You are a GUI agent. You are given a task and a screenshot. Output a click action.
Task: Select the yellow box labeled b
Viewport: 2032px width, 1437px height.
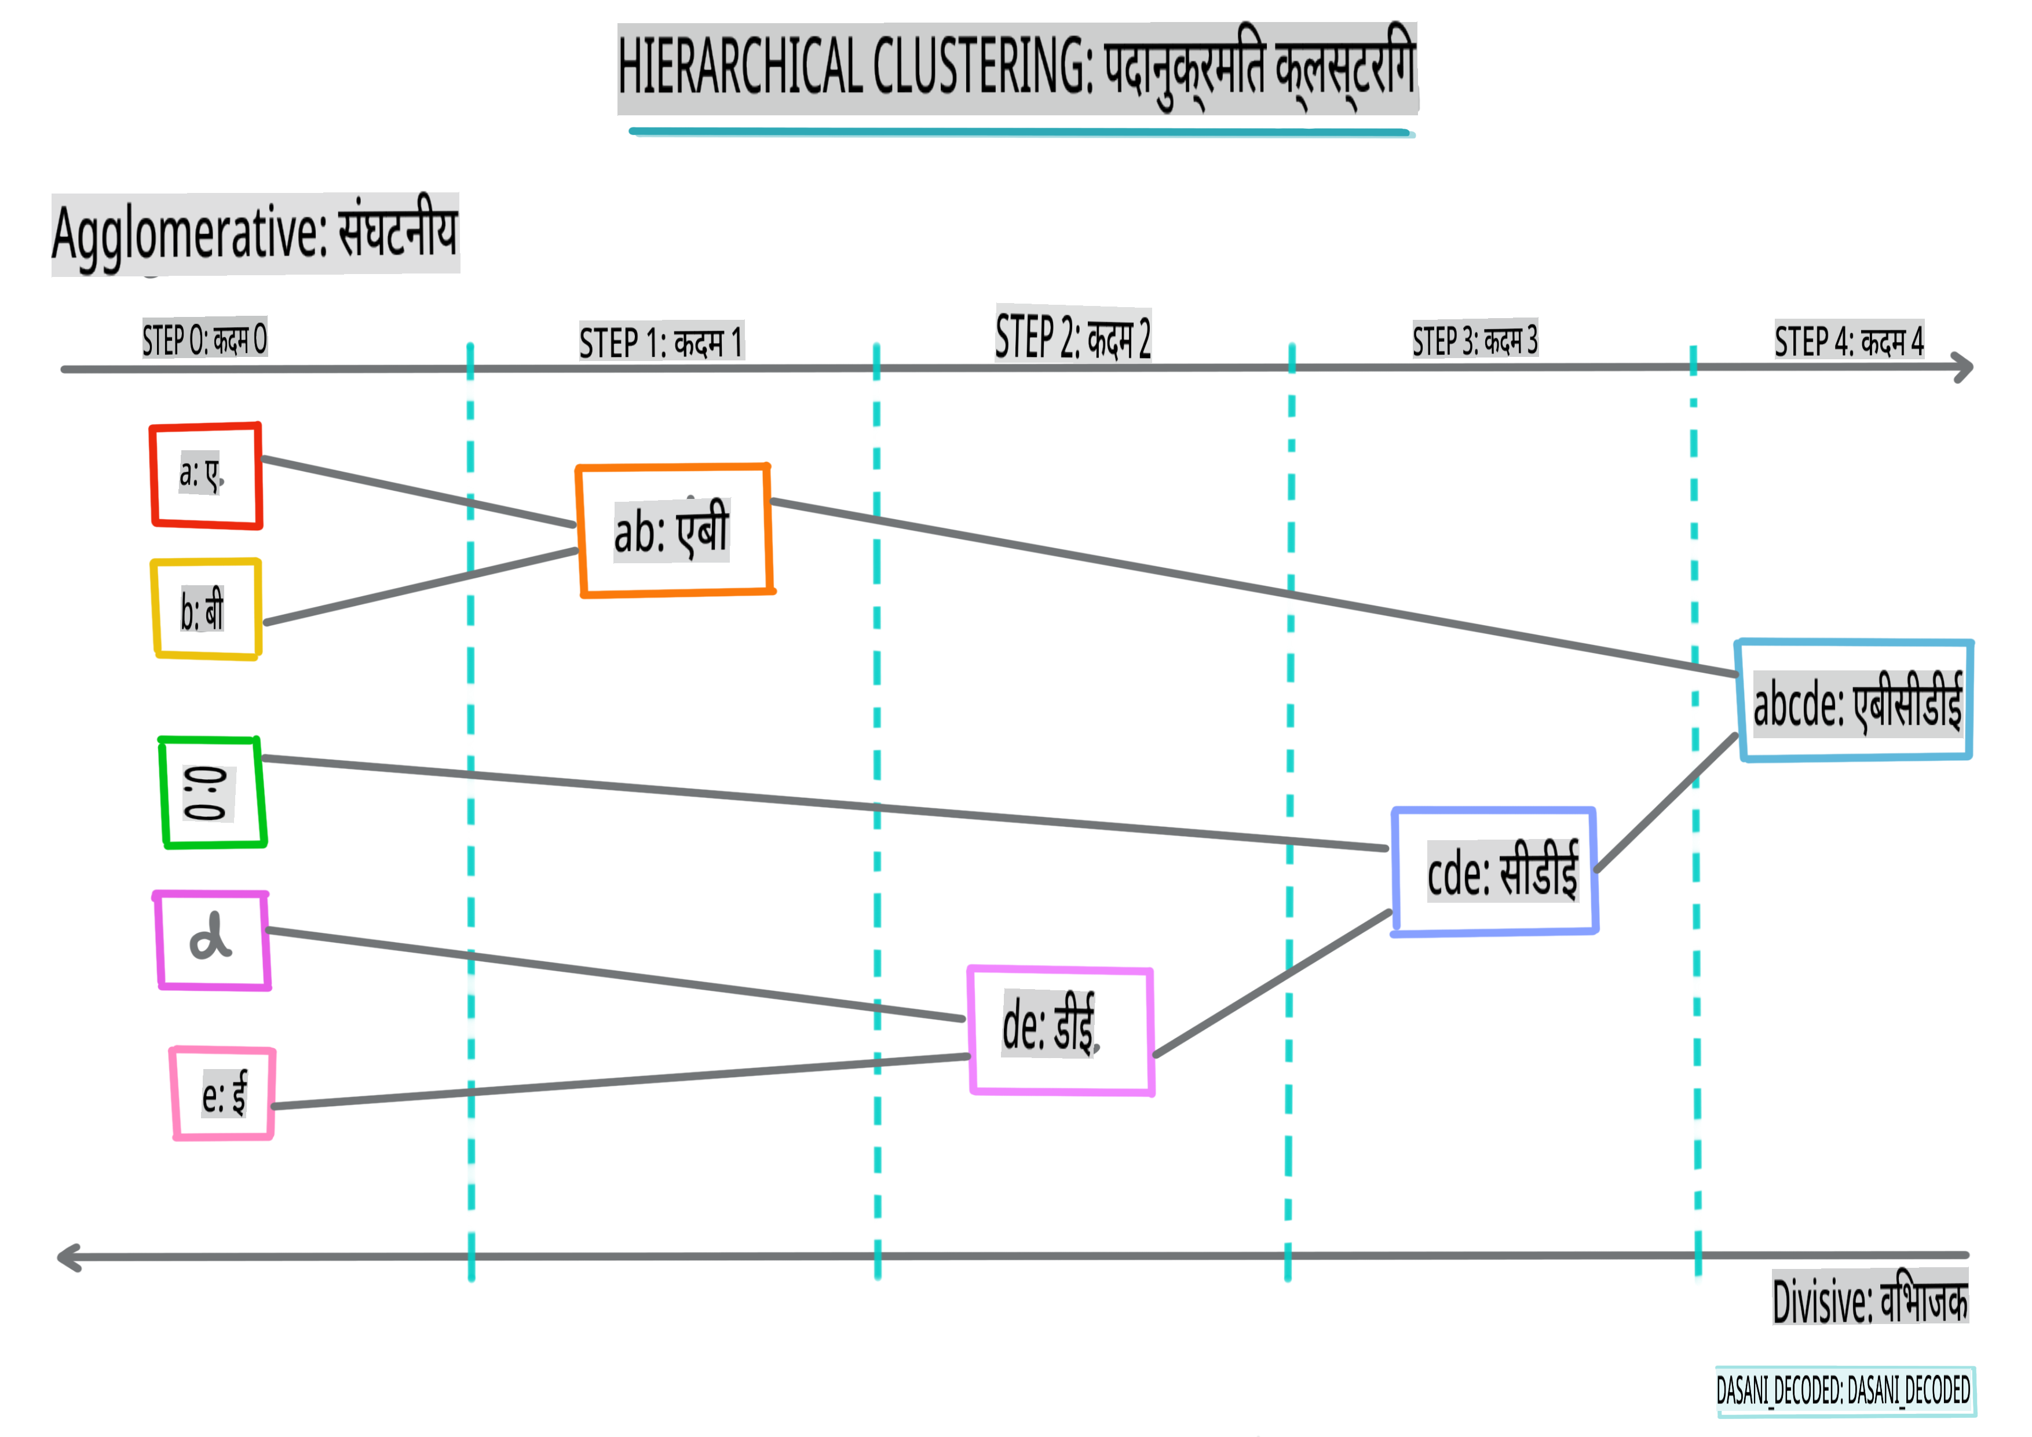point(206,609)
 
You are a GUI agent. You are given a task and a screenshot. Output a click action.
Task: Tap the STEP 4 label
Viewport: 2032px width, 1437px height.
point(1849,341)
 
